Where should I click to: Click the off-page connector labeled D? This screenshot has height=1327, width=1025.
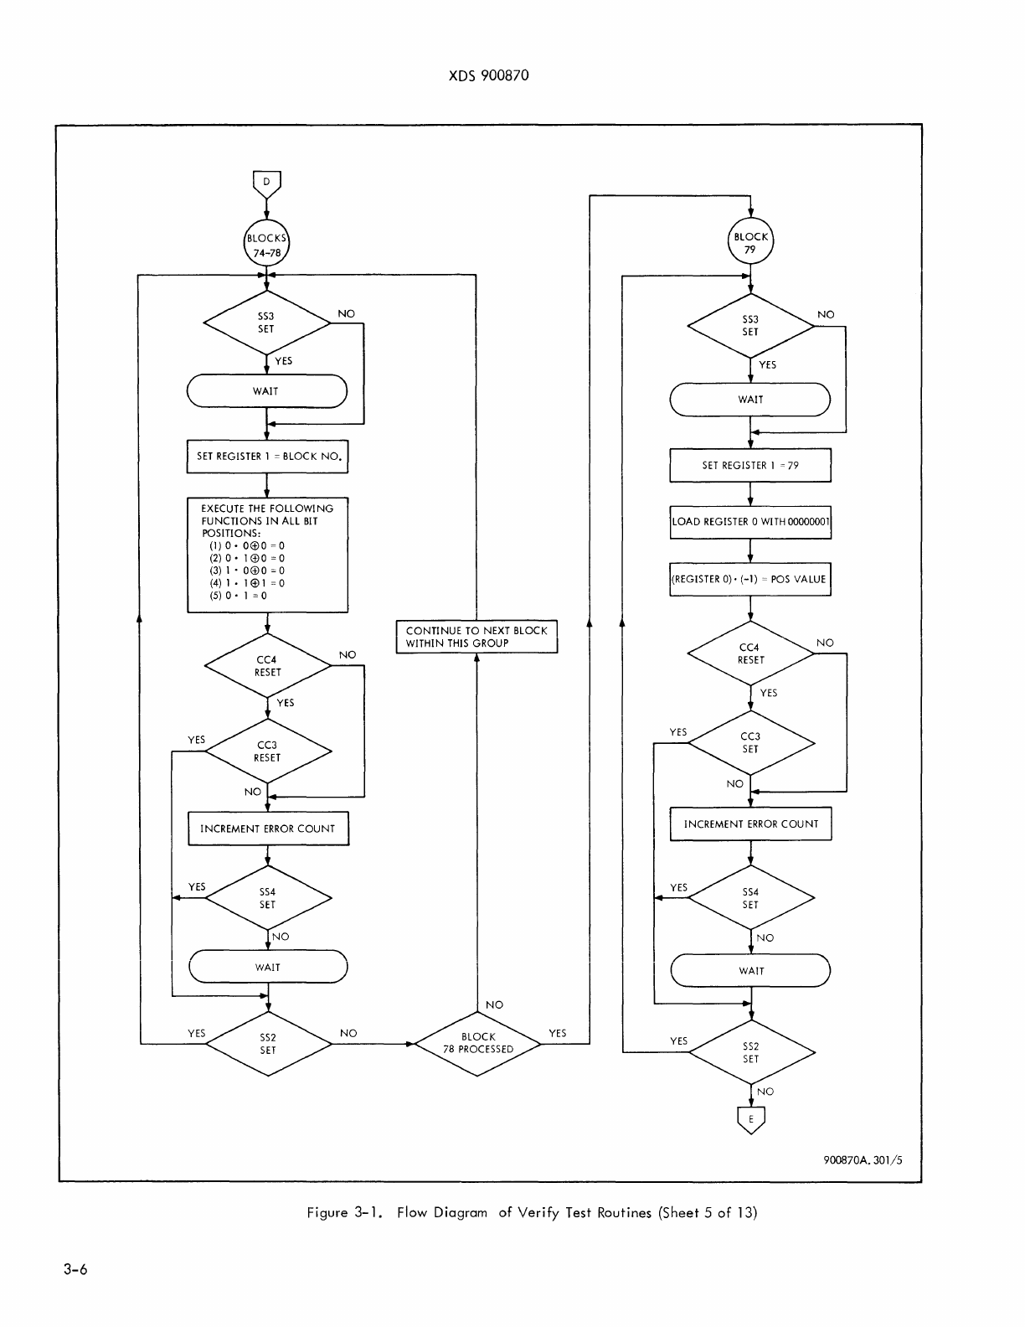click(266, 182)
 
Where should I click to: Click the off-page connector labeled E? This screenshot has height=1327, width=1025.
click(750, 1119)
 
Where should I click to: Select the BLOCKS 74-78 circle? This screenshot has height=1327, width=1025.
click(266, 243)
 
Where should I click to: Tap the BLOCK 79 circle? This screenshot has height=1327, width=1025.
click(750, 242)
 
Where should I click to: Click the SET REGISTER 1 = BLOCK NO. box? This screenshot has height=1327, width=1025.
click(267, 457)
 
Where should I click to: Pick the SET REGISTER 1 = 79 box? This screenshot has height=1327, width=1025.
click(750, 465)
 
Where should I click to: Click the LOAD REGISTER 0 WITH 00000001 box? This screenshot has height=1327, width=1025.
click(750, 521)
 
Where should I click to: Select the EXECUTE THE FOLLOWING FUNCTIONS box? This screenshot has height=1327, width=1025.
click(267, 555)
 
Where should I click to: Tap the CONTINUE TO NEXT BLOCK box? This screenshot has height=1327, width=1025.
click(476, 637)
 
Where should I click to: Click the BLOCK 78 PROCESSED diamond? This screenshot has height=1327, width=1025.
click(478, 1043)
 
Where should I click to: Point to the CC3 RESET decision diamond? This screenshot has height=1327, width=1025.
click(267, 751)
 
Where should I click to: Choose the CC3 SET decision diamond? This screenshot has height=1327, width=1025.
click(750, 743)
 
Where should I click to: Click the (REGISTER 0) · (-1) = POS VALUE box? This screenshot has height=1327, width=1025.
click(750, 579)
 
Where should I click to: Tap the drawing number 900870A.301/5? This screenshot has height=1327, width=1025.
click(863, 1160)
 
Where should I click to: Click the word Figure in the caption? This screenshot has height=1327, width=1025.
click(327, 1212)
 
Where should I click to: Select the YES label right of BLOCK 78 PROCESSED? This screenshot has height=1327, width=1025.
click(557, 1033)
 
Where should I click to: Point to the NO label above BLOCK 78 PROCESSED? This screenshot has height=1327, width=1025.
click(494, 1004)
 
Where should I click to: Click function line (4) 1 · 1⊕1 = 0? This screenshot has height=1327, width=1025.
click(247, 583)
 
